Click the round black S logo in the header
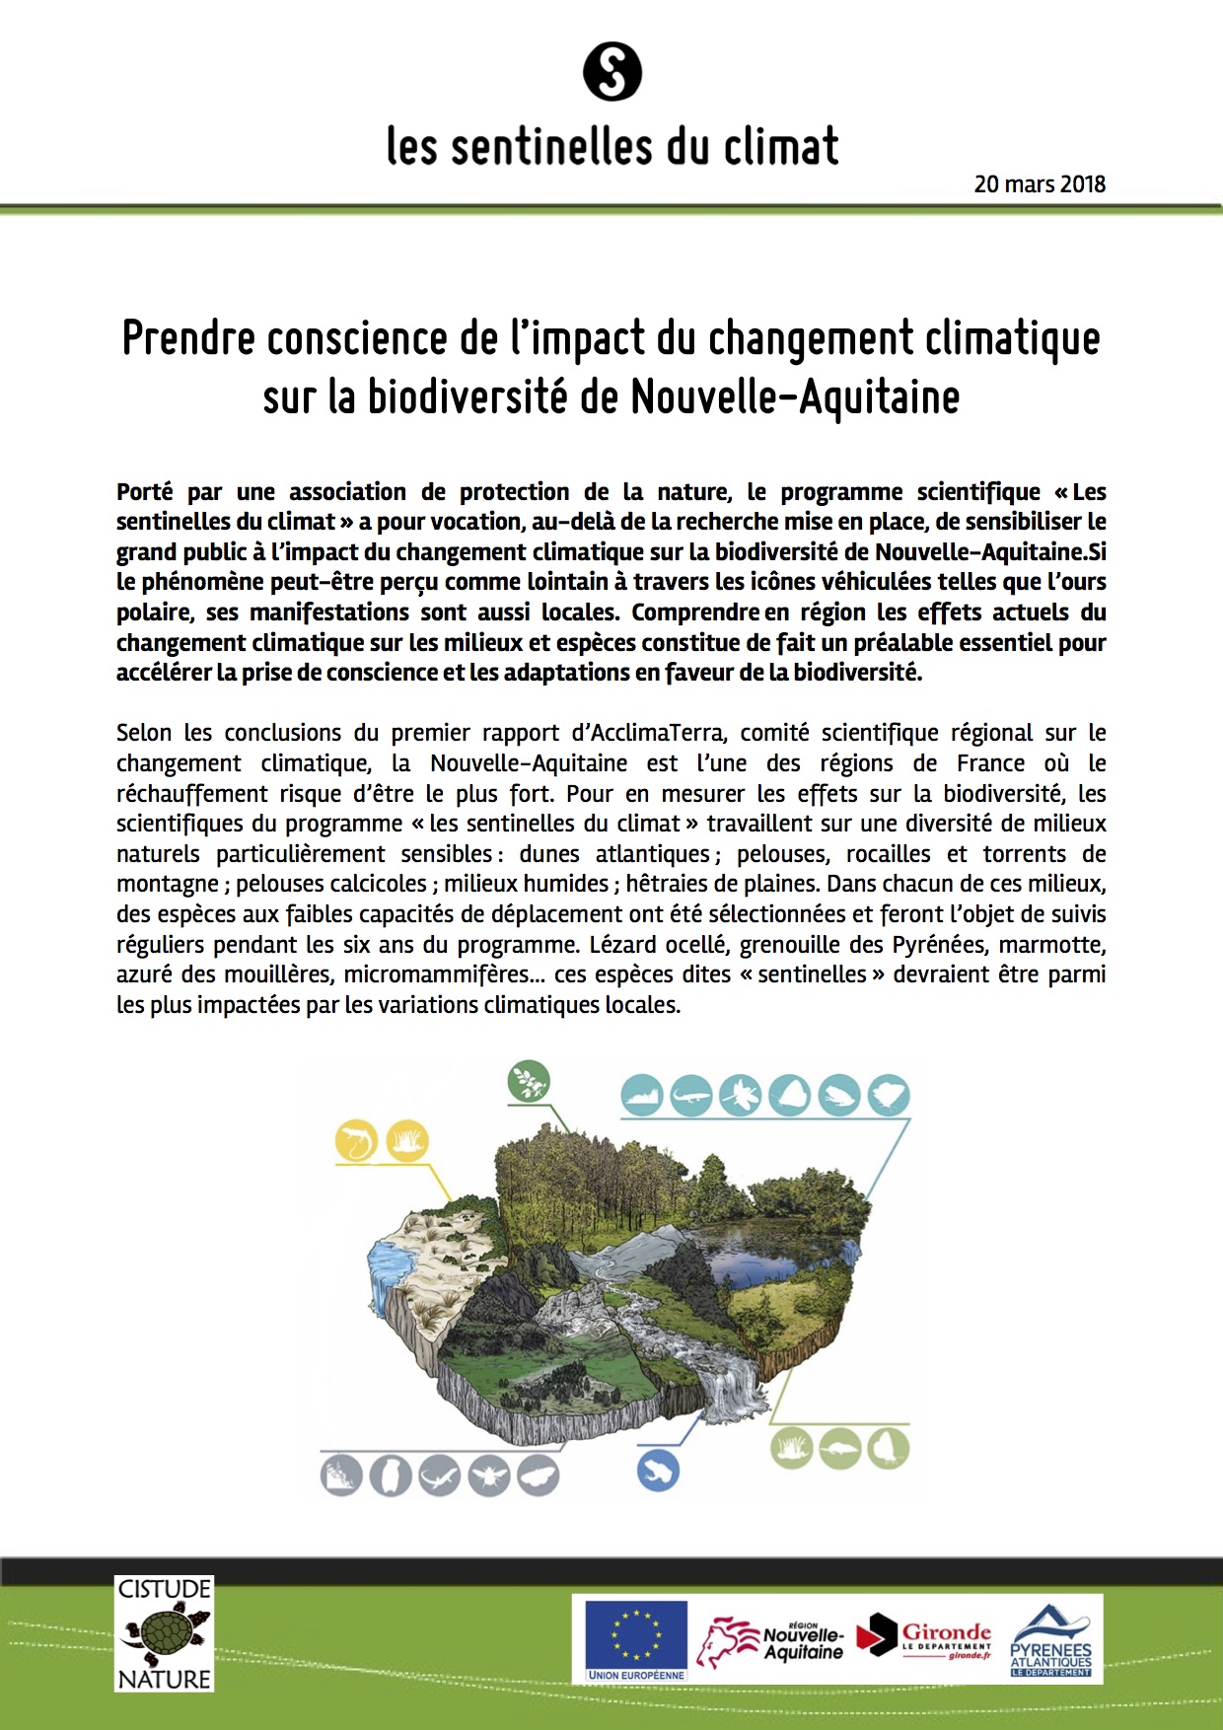[612, 72]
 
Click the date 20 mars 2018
[1040, 184]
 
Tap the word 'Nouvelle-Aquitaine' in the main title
[795, 397]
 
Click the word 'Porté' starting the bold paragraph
[144, 492]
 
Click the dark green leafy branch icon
[529, 1082]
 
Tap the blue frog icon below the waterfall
[658, 1471]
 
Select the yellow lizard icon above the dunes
[356, 1141]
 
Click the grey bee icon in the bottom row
[489, 1477]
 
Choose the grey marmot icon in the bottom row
[391, 1477]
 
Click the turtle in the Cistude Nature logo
[164, 1633]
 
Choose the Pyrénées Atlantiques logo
[1050, 1641]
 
